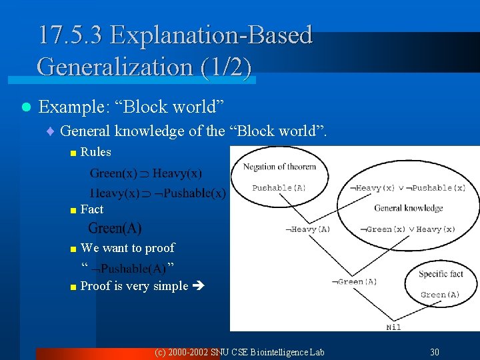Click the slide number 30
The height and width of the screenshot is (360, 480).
(435, 352)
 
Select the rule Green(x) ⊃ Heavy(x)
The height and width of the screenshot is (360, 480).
(146, 173)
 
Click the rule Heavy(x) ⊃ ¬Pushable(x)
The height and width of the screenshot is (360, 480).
(158, 193)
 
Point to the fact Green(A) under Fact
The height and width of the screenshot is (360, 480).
(115, 229)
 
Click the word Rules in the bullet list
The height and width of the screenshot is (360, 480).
(95, 152)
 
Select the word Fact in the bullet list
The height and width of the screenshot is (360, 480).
(91, 209)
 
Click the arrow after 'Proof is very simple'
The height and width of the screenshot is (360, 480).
(199, 287)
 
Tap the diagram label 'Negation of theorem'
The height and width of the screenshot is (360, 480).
(279, 167)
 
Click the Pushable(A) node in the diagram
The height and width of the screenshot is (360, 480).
(279, 188)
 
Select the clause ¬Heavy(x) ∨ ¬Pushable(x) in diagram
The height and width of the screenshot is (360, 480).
(407, 189)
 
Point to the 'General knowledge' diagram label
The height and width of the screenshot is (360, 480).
(408, 208)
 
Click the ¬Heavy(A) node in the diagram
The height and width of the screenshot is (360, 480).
(307, 230)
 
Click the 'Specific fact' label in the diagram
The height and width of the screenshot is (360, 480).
(441, 274)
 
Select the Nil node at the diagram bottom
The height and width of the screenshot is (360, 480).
(393, 327)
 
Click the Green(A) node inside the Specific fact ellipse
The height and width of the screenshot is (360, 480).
(440, 295)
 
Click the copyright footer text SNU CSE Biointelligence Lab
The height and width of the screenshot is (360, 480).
(239, 352)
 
